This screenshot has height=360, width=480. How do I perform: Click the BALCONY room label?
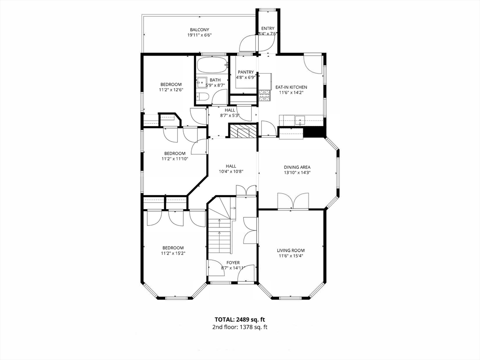[x=199, y=30]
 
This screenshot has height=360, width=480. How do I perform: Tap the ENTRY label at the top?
[x=268, y=28]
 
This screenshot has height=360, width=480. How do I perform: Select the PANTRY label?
[x=245, y=72]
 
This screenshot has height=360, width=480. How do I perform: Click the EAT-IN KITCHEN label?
[x=291, y=87]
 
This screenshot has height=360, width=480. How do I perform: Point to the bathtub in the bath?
[x=211, y=64]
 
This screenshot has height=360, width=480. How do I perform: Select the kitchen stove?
[x=264, y=96]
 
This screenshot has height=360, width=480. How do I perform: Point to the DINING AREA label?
[x=297, y=167]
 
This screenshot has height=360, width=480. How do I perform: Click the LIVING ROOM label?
[x=291, y=250]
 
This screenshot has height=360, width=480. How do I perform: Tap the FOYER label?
[x=233, y=262]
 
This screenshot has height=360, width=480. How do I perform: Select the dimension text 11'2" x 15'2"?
[x=173, y=254]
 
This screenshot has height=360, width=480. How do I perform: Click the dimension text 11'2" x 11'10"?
[x=174, y=159]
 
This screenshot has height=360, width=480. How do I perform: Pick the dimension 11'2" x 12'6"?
[x=171, y=90]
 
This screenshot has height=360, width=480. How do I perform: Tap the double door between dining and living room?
[x=293, y=202]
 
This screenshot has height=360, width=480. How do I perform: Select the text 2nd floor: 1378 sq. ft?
[x=240, y=327]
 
